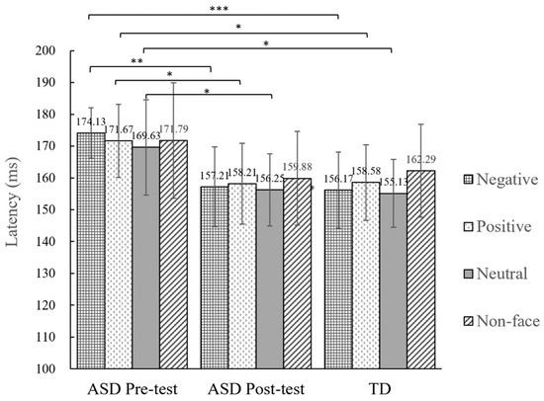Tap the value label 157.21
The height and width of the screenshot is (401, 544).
coord(215,176)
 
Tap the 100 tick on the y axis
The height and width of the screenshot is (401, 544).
coord(48,368)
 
